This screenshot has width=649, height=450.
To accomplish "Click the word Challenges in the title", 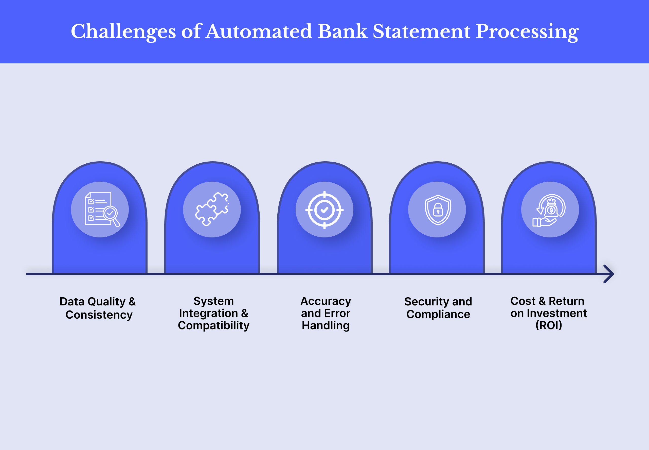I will coord(123,31).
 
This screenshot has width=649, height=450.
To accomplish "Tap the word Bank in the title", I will coord(342,31).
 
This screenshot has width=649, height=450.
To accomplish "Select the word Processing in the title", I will coord(527,31).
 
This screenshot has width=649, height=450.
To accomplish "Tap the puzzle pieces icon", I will coord(212,209).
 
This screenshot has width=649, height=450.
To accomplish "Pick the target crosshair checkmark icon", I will coord(324,210).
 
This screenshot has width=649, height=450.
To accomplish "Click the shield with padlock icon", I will coord(438,210).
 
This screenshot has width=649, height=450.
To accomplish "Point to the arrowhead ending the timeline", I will coord(609,274).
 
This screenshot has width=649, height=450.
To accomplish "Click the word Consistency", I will coord(99,315).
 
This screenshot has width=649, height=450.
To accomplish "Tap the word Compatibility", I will coord(213,325).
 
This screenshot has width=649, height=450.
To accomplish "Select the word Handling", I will coord(326,325).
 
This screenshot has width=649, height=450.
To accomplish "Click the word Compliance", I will coord(438,314).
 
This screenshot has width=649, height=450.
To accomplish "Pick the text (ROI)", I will coord(549,325).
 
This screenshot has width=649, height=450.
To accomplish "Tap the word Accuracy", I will coord(326,301).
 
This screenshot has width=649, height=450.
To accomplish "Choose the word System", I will coord(213,301).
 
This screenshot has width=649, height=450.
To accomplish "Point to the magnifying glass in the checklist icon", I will coord(111,214).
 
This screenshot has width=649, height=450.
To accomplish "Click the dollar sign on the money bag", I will coord(551,210).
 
